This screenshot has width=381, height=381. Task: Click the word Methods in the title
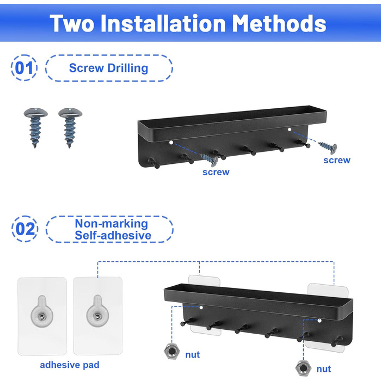click(279, 23)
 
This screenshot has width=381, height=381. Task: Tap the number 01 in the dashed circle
click(24, 68)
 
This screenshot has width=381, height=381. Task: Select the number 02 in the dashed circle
click(25, 229)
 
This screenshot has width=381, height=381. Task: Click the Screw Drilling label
click(109, 68)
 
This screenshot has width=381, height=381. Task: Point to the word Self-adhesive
click(113, 236)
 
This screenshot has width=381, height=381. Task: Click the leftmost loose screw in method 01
click(35, 127)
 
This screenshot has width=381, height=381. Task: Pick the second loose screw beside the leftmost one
click(70, 127)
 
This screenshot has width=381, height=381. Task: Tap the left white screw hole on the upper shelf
click(171, 143)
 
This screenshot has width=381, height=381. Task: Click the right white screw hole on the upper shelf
click(290, 130)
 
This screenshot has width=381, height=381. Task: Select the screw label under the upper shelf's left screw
click(216, 172)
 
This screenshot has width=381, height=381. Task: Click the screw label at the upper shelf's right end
click(337, 161)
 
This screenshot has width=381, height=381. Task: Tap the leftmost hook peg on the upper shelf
click(154, 163)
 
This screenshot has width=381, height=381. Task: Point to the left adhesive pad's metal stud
click(42, 316)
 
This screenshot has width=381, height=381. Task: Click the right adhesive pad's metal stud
click(97, 316)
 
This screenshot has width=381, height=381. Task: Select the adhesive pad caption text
click(70, 365)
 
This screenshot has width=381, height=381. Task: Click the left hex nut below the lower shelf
click(172, 351)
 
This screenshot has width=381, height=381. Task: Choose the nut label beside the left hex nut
click(193, 355)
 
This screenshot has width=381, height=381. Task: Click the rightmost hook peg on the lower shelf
click(336, 341)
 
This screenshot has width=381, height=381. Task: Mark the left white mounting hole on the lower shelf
click(201, 308)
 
